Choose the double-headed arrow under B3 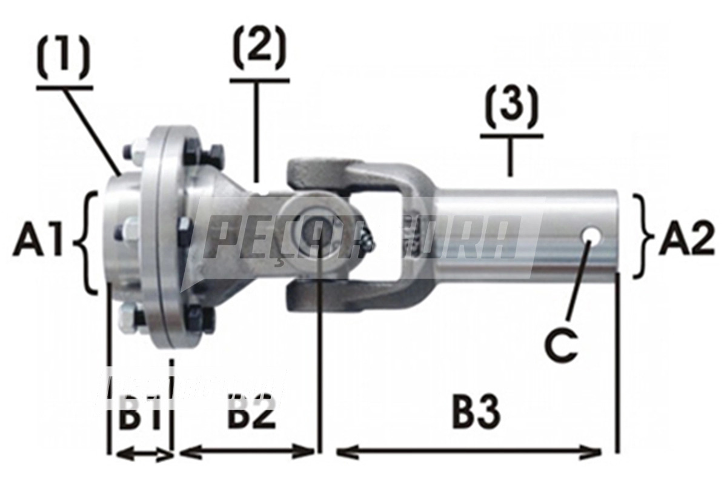tap(468, 452)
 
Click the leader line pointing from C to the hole tap(578, 279)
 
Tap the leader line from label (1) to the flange tap(93, 130)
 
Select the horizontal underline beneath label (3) tap(512, 137)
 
